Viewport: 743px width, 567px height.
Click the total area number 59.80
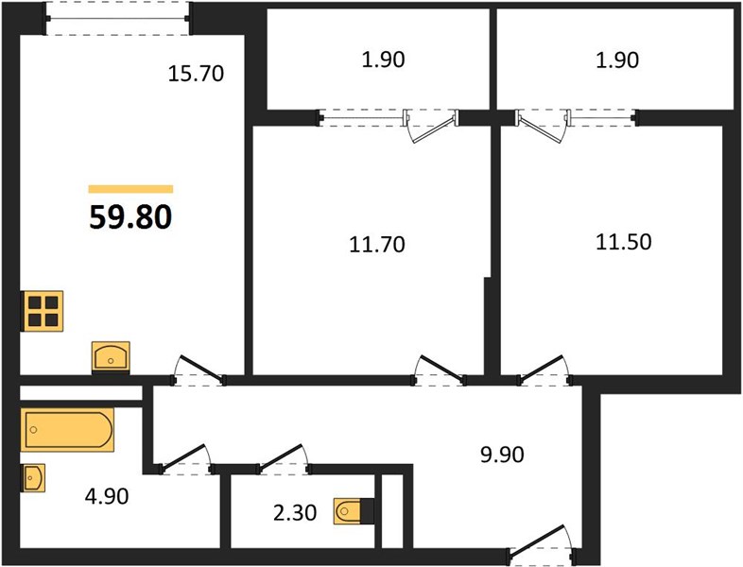[130, 218]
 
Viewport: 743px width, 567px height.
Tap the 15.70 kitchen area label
[197, 74]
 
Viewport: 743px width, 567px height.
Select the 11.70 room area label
[377, 245]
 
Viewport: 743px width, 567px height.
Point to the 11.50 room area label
[624, 242]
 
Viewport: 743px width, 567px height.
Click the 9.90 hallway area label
[502, 455]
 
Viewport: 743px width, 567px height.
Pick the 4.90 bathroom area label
[107, 496]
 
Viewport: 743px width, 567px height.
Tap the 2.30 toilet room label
[295, 512]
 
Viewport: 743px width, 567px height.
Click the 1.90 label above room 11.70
[383, 60]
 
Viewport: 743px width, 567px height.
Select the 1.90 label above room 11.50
[617, 60]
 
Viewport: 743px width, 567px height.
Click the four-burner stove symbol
[43, 311]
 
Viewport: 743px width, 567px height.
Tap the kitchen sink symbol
[111, 356]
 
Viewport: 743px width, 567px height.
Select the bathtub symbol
[67, 430]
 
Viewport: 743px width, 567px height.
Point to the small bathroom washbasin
[33, 477]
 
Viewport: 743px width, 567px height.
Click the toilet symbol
[354, 511]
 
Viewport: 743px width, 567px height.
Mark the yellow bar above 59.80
[130, 190]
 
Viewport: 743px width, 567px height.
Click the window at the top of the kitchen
[118, 19]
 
